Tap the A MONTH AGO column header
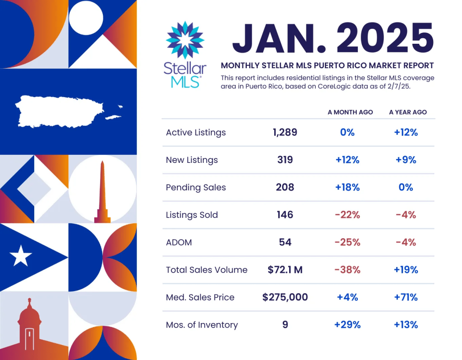click(350, 112)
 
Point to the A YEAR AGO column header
click(408, 112)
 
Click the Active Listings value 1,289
click(285, 133)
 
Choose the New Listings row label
click(192, 160)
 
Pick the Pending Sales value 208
click(285, 188)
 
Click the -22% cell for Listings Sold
click(347, 215)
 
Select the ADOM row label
click(179, 243)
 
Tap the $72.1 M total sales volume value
click(285, 270)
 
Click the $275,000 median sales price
click(285, 297)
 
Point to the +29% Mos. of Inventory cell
click(347, 325)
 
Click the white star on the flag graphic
click(21, 257)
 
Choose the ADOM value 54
click(285, 243)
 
